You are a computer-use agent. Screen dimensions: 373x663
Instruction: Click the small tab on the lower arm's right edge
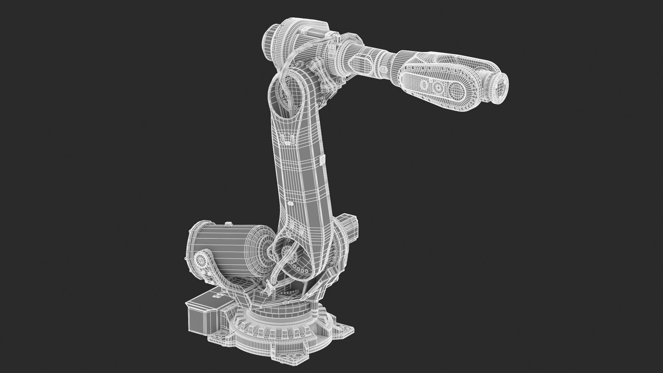[x=323, y=160]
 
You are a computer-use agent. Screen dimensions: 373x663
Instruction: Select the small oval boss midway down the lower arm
[x=291, y=204]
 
